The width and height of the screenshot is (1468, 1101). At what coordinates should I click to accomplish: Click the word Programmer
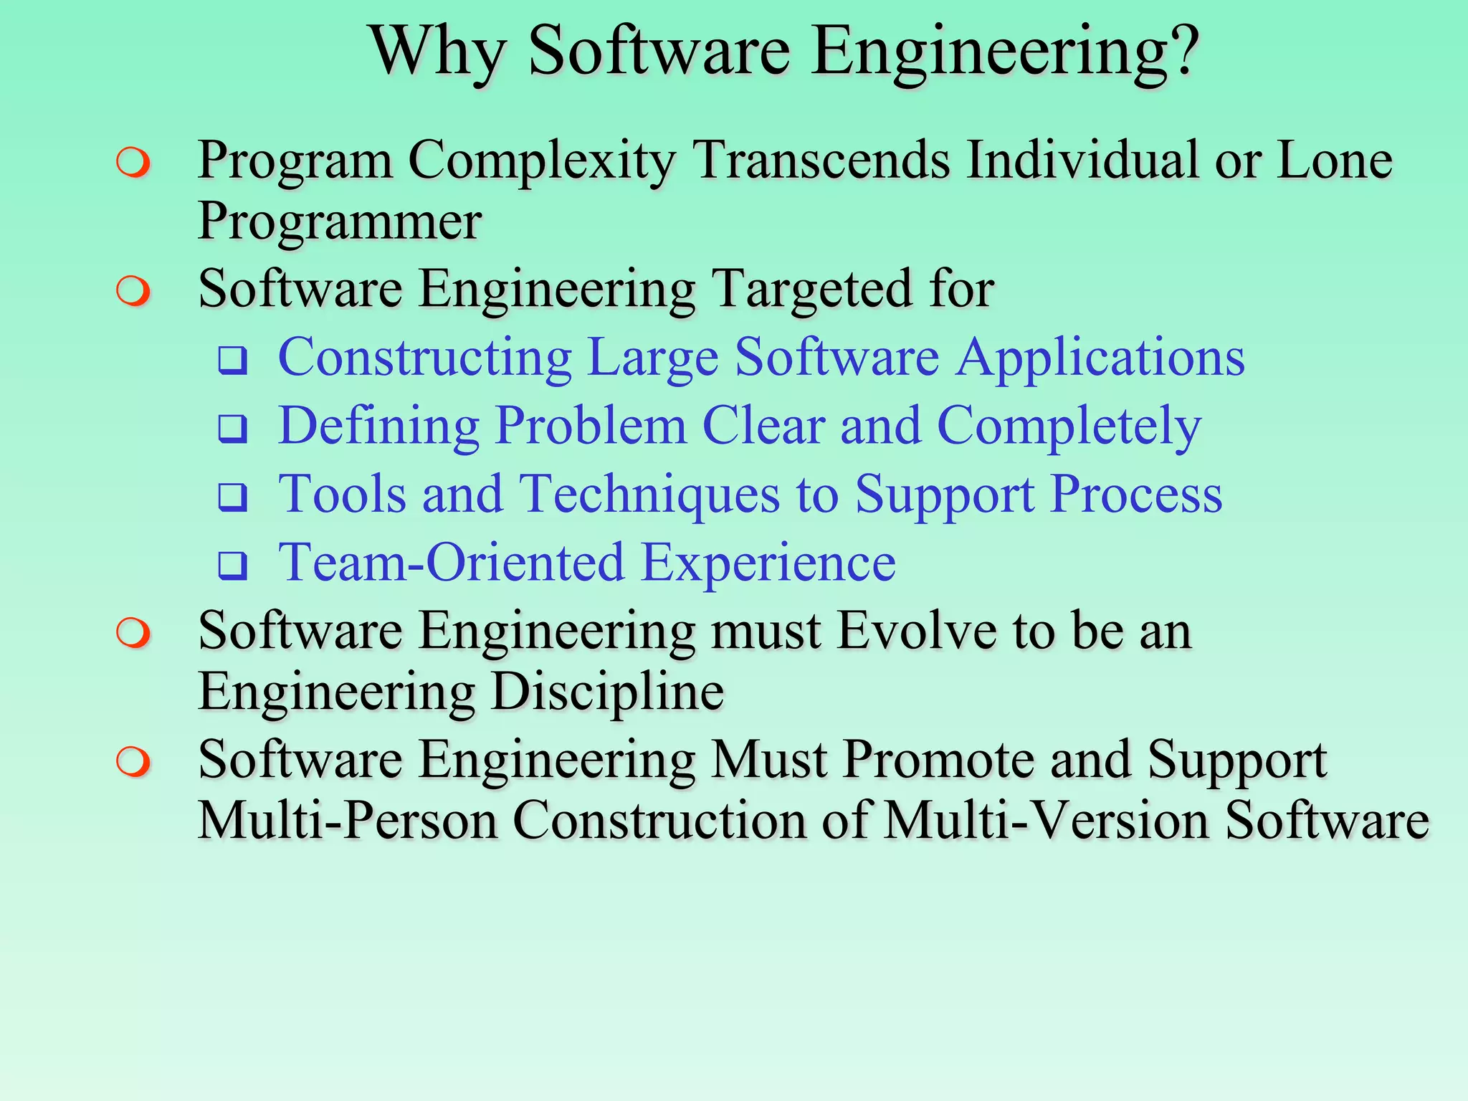339,222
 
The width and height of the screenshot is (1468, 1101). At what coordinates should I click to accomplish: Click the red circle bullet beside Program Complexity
133,163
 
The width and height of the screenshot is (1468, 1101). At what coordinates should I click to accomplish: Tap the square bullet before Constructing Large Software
232,360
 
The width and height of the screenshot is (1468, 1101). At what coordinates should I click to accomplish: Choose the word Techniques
649,495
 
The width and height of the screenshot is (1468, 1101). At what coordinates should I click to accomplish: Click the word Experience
768,563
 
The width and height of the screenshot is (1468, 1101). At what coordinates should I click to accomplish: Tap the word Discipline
608,692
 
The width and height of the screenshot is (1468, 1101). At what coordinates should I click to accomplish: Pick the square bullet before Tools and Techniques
232,497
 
